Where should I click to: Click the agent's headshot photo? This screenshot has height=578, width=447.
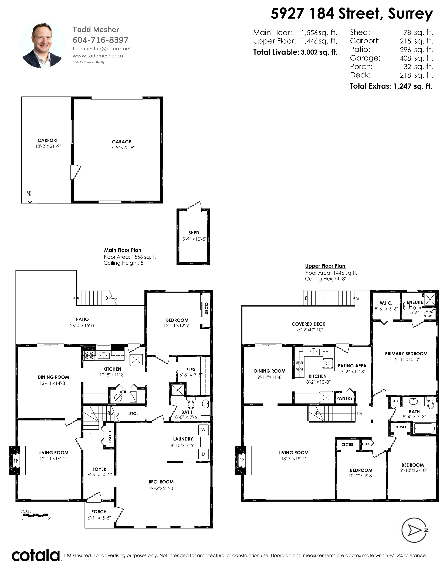[42, 45]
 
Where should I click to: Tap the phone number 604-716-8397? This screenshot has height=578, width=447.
[100, 40]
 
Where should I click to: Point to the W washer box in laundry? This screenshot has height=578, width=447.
[203, 429]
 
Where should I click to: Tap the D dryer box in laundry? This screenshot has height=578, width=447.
[203, 454]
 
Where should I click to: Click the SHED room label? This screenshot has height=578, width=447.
[194, 233]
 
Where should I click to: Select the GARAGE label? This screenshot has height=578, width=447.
[121, 142]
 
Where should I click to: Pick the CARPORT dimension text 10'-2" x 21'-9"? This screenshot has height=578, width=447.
[48, 146]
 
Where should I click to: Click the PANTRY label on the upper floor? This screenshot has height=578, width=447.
[344, 398]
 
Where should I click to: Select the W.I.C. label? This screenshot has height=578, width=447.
[386, 303]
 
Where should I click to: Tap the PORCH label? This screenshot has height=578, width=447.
[99, 512]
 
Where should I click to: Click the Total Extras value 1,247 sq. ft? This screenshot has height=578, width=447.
[413, 86]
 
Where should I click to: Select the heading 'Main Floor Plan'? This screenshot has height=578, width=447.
[123, 250]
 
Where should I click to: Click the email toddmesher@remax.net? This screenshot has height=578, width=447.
[102, 49]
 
